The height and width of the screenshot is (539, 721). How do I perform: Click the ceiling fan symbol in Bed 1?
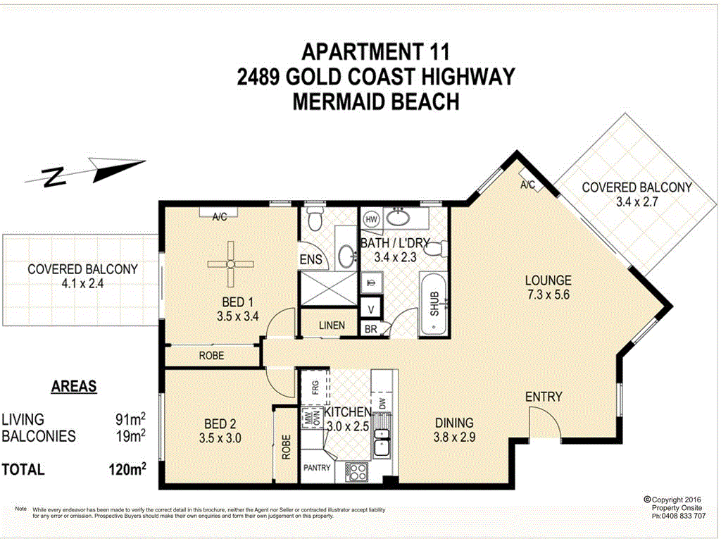[230, 264]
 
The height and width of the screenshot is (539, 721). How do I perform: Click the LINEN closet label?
[332, 326]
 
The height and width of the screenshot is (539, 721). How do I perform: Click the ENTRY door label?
[544, 397]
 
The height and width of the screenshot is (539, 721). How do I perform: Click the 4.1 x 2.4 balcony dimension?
[82, 284]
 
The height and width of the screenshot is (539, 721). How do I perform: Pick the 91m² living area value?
[130, 419]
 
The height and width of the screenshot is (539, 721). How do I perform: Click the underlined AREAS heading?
[74, 387]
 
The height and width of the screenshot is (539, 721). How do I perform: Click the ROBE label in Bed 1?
[211, 356]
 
